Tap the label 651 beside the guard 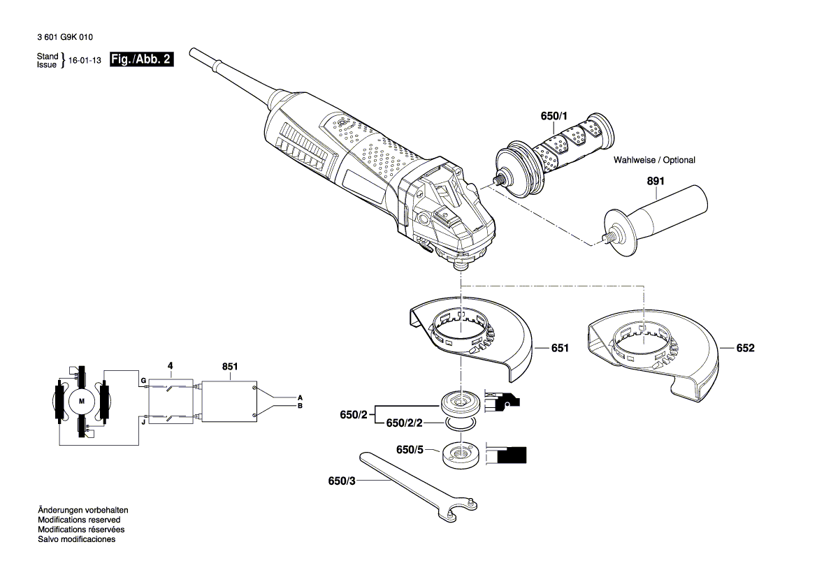tap(559, 347)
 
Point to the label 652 tap(745, 347)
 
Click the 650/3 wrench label tap(340, 481)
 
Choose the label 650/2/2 tap(405, 423)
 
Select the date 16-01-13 tap(86, 61)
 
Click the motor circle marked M tap(81, 401)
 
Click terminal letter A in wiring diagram tap(300, 396)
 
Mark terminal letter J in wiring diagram tap(143, 421)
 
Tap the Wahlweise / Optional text tap(654, 160)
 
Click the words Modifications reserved tap(78, 520)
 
